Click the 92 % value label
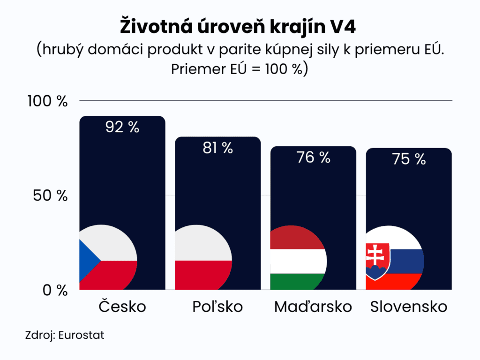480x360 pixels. (122, 127)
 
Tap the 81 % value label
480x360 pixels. (218, 148)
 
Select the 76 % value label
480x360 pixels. (314, 157)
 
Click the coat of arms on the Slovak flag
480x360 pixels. (378, 261)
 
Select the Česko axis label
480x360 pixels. (122, 307)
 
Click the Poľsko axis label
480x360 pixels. (217, 307)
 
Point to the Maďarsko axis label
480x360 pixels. (313, 307)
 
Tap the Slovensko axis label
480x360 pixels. (409, 307)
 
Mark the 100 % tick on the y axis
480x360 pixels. (48, 101)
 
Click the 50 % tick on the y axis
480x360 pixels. (51, 196)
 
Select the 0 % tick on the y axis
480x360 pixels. (55, 291)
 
